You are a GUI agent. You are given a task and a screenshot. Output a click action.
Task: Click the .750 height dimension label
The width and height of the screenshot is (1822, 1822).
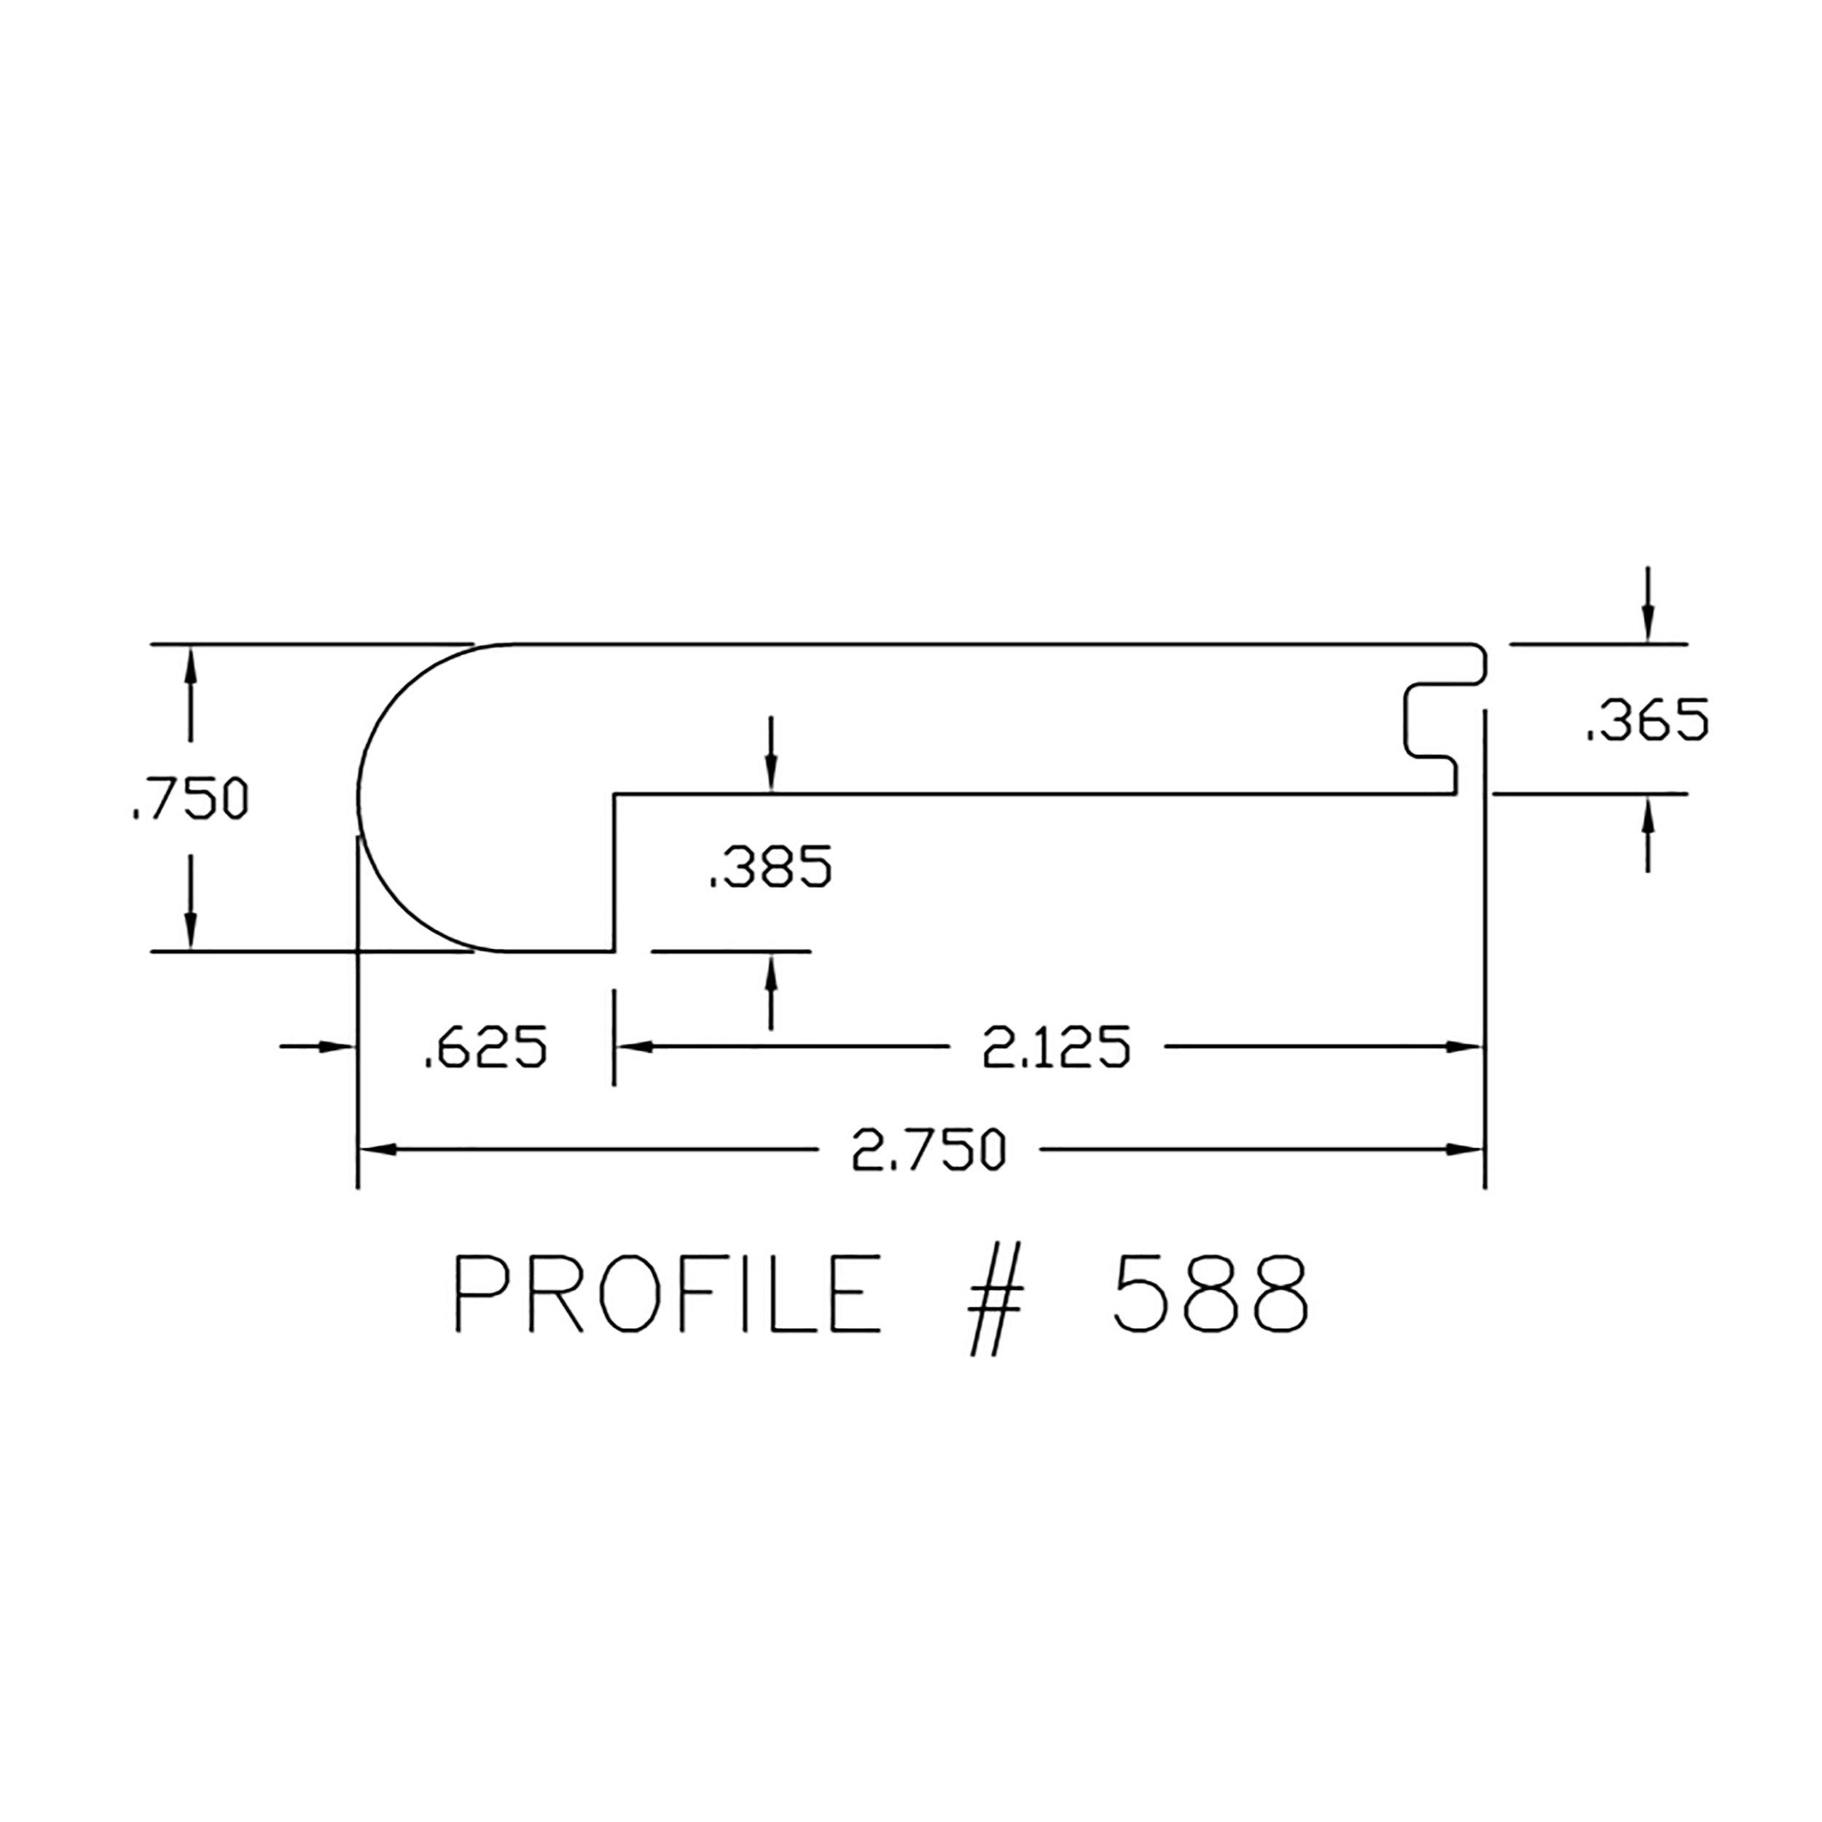coord(189,799)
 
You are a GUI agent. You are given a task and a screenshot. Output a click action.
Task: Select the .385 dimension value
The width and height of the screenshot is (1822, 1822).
coord(770,867)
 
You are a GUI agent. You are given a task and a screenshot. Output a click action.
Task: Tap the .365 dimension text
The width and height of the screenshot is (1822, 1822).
coord(1646,722)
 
